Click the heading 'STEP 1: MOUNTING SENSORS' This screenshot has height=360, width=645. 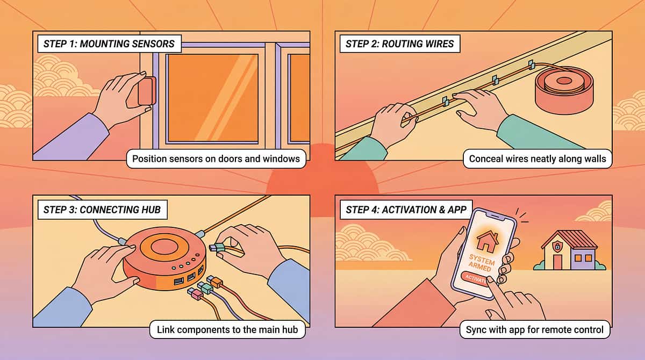(107, 44)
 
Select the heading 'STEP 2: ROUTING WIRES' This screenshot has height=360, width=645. (397, 44)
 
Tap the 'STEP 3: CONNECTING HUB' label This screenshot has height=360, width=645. (100, 210)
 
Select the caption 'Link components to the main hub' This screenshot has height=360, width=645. (227, 329)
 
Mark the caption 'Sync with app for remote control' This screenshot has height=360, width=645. (534, 329)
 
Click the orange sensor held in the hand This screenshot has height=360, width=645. (147, 91)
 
